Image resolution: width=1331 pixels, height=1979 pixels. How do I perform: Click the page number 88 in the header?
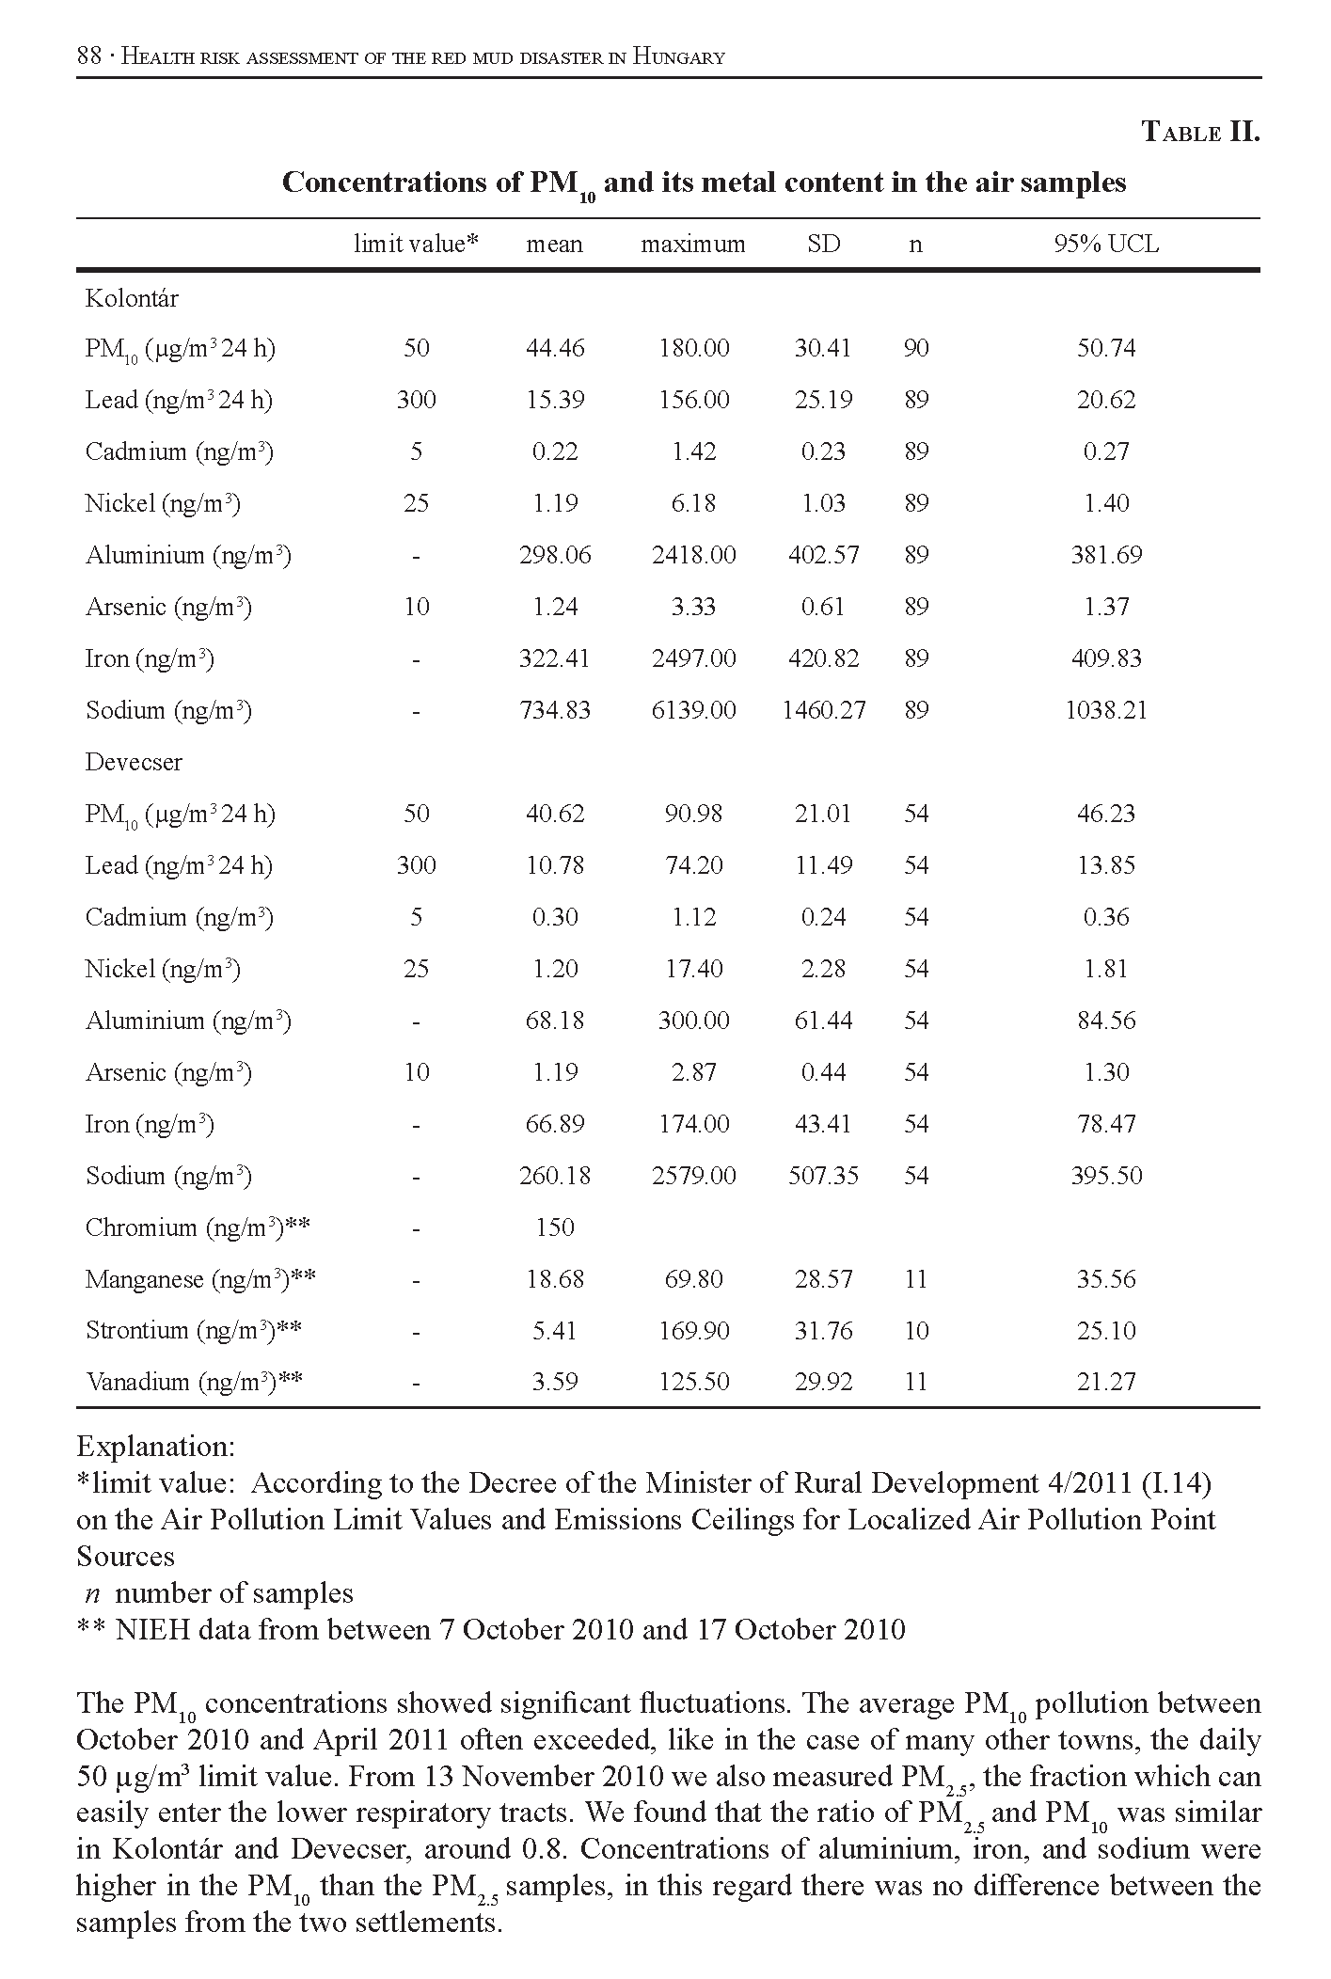point(88,56)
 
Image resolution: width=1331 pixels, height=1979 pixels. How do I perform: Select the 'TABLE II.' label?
point(1200,132)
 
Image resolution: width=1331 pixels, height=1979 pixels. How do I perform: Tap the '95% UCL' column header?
point(1105,245)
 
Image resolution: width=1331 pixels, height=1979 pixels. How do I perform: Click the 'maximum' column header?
point(692,245)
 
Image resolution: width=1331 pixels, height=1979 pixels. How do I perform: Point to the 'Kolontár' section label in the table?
point(132,298)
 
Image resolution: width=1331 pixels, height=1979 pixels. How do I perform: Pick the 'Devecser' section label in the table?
point(134,762)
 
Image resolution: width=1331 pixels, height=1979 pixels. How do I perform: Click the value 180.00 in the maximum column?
point(693,348)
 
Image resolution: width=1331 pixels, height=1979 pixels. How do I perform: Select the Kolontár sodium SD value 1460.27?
point(823,710)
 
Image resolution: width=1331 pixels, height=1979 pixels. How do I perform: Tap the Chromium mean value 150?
point(554,1227)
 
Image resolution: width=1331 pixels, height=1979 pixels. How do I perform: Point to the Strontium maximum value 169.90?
point(693,1331)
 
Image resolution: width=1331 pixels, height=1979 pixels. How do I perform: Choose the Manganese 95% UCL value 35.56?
point(1105,1279)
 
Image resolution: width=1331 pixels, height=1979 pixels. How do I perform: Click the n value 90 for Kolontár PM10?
point(915,348)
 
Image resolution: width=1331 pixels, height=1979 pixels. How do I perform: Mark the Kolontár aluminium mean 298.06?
point(555,555)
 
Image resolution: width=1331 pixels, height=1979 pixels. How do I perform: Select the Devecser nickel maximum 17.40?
point(693,969)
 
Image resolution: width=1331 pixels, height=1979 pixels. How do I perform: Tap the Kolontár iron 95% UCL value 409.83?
point(1105,658)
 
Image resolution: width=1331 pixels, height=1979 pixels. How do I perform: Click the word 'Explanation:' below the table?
point(155,1446)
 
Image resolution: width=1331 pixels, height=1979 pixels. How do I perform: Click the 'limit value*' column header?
point(416,245)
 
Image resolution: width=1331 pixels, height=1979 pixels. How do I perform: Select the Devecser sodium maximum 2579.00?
point(693,1176)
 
